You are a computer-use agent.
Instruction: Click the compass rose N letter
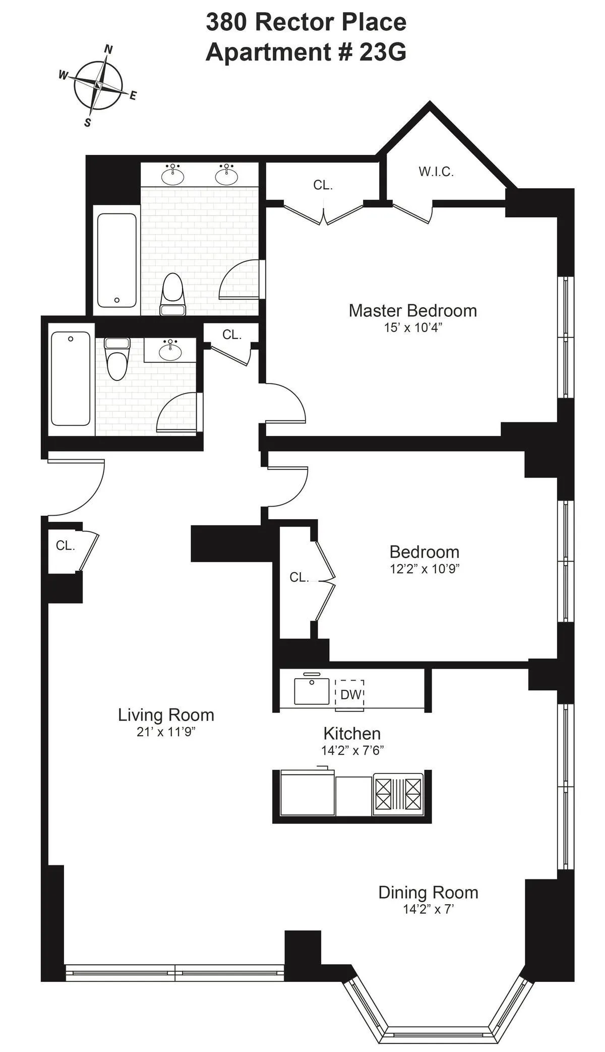click(x=108, y=49)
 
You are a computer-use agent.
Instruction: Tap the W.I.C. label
click(x=436, y=172)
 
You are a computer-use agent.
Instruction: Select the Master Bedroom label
click(x=412, y=310)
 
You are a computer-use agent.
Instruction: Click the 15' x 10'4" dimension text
click(x=412, y=327)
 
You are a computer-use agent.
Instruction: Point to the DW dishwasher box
click(x=350, y=695)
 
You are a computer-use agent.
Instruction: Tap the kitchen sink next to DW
click(x=312, y=690)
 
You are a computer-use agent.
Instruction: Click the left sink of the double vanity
click(x=173, y=175)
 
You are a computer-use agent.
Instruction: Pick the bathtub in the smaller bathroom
click(x=71, y=378)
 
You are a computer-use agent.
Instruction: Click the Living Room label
click(x=166, y=714)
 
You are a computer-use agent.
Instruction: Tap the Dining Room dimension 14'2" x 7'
click(x=428, y=909)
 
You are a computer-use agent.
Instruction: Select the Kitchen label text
click(x=352, y=733)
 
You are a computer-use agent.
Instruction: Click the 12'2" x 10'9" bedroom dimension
click(x=425, y=569)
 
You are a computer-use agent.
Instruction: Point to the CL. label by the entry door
click(x=65, y=545)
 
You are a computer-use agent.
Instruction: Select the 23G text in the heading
click(x=382, y=52)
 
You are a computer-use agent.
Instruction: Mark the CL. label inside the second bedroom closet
click(x=299, y=577)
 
